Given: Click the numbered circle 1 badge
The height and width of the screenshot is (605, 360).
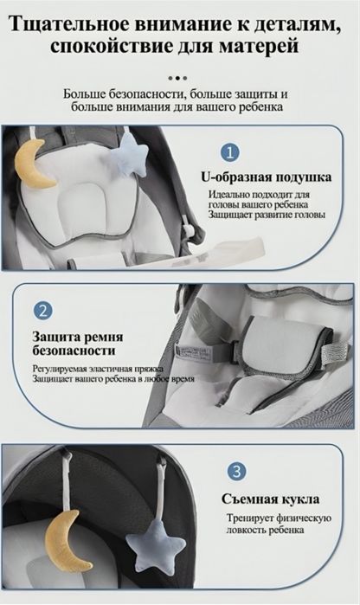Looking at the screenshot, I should click(230, 153).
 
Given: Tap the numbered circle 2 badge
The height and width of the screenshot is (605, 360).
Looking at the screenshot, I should click(43, 311).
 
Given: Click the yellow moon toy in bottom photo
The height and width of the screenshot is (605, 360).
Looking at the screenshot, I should click(69, 540).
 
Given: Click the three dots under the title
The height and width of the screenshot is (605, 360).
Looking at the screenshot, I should click(179, 76).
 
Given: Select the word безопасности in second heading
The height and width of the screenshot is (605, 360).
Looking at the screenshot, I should click(74, 351).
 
